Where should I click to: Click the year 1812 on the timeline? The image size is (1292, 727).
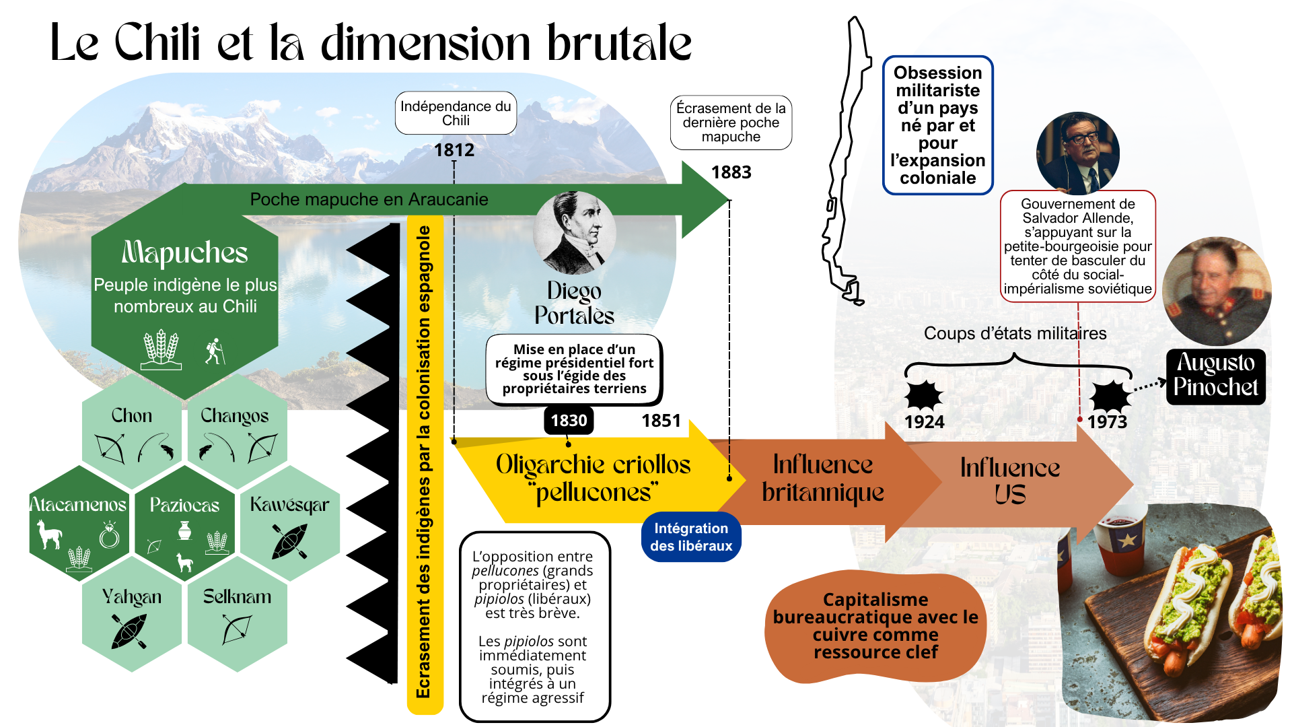click(454, 149)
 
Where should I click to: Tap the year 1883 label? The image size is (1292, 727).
click(731, 172)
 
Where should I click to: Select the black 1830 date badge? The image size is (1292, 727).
click(569, 421)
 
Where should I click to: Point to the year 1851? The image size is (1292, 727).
click(661, 421)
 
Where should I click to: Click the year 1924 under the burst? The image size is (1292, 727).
click(924, 422)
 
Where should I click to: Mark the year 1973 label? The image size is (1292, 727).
click(1107, 422)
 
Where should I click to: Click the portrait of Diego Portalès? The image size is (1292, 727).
click(575, 233)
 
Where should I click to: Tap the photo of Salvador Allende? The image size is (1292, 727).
click(1077, 153)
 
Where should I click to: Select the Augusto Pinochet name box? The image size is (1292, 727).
click(1215, 376)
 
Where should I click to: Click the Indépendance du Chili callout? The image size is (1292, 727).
click(456, 113)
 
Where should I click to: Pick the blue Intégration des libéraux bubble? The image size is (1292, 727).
click(691, 537)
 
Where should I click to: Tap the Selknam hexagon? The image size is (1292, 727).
click(237, 616)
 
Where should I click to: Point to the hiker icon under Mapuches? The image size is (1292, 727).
click(215, 351)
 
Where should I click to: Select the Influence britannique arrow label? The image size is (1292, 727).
click(822, 479)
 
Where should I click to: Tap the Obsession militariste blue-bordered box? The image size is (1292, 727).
click(937, 125)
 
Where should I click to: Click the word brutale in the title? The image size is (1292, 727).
click(618, 44)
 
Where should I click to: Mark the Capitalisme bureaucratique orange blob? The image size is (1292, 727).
click(875, 626)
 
